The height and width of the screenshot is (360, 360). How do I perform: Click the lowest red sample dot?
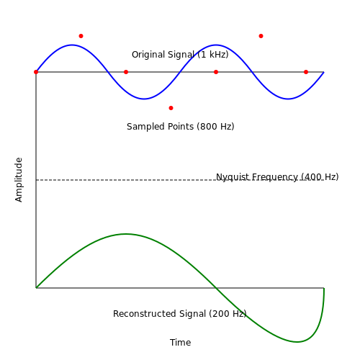click(171, 108)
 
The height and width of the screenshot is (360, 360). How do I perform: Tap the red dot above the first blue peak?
click(81, 36)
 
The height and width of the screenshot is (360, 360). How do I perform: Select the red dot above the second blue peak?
click(261, 36)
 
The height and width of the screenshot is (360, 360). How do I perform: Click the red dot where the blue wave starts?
click(36, 72)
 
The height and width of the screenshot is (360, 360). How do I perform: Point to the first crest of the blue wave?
click(72, 45)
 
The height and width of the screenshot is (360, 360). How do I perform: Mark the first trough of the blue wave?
click(144, 99)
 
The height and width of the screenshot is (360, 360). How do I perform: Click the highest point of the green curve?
click(126, 234)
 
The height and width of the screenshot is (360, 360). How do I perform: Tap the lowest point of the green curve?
click(297, 342)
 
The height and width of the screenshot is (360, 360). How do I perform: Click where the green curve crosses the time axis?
click(216, 288)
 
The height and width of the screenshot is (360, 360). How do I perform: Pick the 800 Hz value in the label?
click(215, 127)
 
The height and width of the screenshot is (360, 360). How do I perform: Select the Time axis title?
click(180, 343)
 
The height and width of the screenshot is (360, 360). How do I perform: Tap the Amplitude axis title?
click(19, 180)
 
